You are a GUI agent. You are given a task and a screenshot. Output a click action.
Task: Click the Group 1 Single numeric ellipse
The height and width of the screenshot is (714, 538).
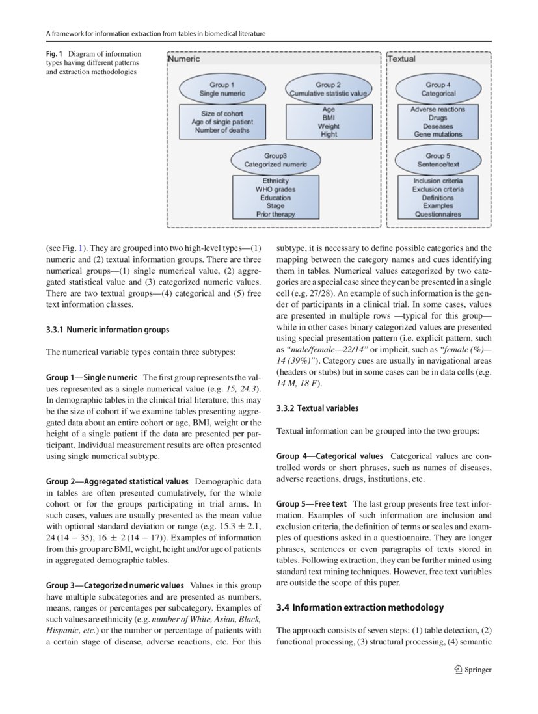tap(222, 89)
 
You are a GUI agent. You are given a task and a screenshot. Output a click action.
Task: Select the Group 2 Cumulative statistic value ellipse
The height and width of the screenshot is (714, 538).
tap(329, 89)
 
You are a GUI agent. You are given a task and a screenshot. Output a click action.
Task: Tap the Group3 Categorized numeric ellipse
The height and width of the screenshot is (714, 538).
tap(275, 161)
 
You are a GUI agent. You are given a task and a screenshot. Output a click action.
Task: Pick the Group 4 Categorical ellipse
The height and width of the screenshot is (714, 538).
tap(438, 89)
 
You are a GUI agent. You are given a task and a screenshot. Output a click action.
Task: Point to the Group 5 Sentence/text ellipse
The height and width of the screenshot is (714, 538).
tap(438, 161)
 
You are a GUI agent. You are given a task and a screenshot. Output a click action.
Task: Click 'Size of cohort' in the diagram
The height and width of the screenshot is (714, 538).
tap(222, 114)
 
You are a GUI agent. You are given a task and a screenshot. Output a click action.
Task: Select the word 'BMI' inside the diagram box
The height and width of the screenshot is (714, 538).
tap(329, 118)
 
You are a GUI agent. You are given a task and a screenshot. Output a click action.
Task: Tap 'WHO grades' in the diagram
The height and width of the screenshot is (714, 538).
tap(275, 189)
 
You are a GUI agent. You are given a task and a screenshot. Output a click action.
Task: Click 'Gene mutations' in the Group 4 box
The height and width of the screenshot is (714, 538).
tap(438, 134)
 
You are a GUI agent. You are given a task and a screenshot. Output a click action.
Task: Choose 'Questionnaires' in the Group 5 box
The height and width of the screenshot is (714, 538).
tap(438, 214)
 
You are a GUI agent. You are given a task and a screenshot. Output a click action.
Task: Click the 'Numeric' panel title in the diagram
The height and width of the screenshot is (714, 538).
tap(184, 59)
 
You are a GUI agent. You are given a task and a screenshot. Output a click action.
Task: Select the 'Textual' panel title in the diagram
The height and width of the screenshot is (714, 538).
tap(401, 59)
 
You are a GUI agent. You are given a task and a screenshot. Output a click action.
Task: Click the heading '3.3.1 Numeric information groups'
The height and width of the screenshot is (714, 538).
tap(107, 330)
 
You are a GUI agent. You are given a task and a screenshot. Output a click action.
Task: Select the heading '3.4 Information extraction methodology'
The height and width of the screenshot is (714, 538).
tap(360, 607)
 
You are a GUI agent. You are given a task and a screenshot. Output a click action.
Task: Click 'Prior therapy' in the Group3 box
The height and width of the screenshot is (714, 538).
tap(275, 214)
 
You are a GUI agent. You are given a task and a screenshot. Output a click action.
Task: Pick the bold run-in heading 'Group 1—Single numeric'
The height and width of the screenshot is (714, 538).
tap(91, 377)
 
